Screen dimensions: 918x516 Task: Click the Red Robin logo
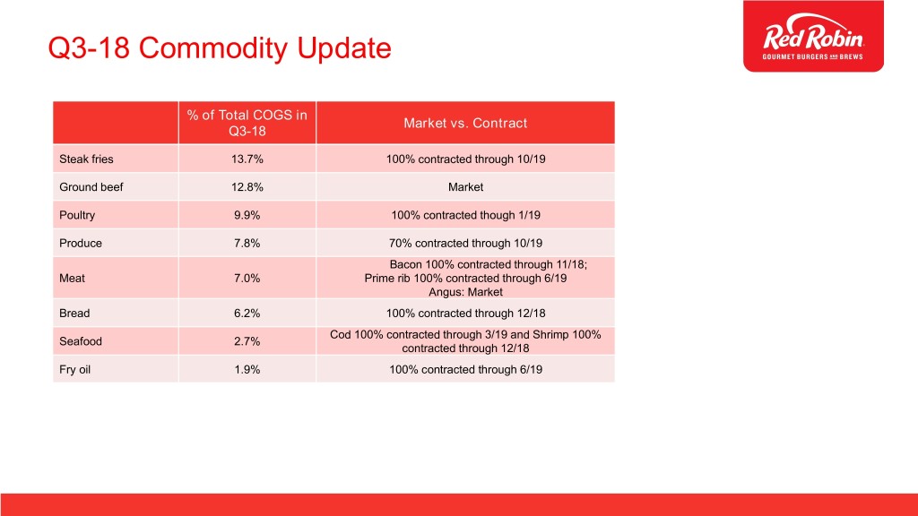[813, 36]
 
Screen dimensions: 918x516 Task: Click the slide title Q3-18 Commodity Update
[220, 48]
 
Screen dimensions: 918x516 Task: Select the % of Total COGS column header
[247, 123]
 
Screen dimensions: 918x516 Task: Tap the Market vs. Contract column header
[465, 123]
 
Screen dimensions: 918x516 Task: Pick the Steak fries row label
[86, 159]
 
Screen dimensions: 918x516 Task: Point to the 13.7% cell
[247, 159]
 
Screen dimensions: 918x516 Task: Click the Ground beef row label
[91, 187]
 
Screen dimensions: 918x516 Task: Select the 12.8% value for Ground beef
[247, 187]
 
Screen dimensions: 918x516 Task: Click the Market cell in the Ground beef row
[465, 187]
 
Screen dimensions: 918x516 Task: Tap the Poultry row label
[77, 215]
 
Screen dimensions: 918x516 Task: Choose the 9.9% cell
[247, 215]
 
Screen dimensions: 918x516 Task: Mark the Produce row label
[80, 244]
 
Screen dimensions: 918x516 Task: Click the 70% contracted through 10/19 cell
[465, 244]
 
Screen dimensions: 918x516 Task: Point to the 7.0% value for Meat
[247, 279]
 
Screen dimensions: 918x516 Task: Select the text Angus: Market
[465, 292]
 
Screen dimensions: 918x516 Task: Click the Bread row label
[74, 314]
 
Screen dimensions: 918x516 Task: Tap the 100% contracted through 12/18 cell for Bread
[465, 314]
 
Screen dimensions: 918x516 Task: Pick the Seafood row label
[80, 341]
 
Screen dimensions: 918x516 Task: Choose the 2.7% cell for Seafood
[247, 341]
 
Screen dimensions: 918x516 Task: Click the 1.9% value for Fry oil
[247, 370]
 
